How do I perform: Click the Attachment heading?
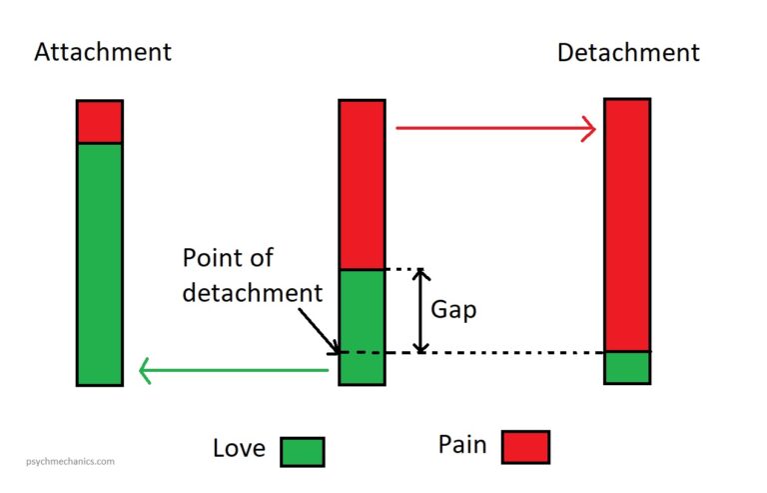click(x=102, y=52)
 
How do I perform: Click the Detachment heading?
click(x=628, y=52)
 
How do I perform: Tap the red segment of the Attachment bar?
click(x=100, y=122)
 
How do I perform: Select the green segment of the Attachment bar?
click(x=100, y=263)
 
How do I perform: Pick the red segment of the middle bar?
click(x=362, y=184)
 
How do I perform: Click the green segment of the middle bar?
click(x=362, y=326)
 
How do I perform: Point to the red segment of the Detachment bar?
click(x=627, y=224)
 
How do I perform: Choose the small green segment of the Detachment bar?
click(x=627, y=367)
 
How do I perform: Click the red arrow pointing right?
click(x=495, y=128)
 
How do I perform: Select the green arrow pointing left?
click(x=234, y=372)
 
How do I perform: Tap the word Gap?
click(x=453, y=310)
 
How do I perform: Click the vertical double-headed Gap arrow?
click(x=421, y=311)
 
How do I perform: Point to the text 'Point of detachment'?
click(x=252, y=275)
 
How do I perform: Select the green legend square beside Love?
click(x=302, y=450)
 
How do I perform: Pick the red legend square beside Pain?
click(x=525, y=447)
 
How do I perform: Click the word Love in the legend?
click(x=240, y=449)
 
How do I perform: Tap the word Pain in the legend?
click(x=463, y=445)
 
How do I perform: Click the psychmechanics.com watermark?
click(x=64, y=462)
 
